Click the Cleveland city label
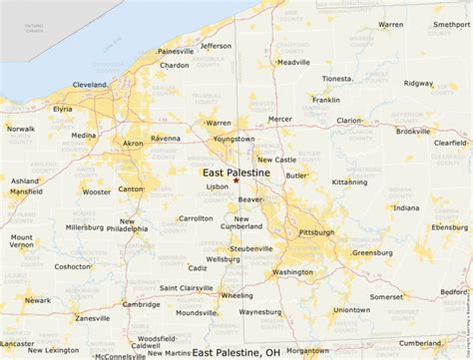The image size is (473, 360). [x=89, y=85]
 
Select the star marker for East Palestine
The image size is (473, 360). [x=236, y=180]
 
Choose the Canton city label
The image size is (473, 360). [x=131, y=188]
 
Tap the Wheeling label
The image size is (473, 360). [x=236, y=295]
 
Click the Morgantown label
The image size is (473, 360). [x=306, y=350]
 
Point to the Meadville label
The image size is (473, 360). [x=293, y=62]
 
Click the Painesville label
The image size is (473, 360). [x=176, y=51]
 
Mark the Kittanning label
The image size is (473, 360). [x=349, y=182]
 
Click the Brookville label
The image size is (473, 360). [x=412, y=132]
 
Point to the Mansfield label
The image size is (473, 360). [x=27, y=190]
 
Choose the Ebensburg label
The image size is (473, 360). [x=449, y=227]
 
